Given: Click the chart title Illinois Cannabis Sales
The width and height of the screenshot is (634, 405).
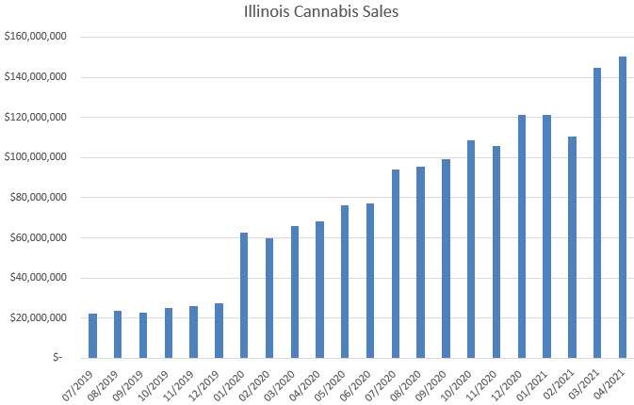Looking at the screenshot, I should pos(317,13).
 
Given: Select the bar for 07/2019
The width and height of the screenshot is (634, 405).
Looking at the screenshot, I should pos(92,335).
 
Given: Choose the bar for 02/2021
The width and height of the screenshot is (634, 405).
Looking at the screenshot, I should pos(572,247).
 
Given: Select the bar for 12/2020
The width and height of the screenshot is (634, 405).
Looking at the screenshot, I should pos(521,236).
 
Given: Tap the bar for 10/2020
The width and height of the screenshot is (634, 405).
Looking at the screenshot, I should pos(471,249).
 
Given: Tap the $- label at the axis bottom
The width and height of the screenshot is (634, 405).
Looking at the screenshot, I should pos(57,358).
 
